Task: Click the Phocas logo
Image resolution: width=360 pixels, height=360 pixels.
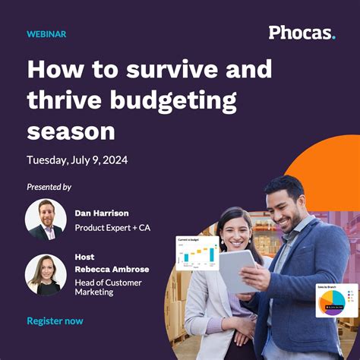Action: pos(301,33)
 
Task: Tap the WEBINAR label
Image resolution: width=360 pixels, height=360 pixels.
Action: pos(46,34)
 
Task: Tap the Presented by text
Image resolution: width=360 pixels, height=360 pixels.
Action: pos(49,187)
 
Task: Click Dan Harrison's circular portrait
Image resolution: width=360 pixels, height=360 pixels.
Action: pos(46,220)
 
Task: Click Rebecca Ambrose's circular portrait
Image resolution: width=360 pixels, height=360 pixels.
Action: pos(46,275)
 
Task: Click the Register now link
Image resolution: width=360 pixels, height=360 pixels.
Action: pos(55,321)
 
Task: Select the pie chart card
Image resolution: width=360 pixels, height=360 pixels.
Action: pos(336,299)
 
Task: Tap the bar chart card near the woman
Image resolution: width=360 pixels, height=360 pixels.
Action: pos(197,253)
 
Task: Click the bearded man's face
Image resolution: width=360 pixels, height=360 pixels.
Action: pos(287,205)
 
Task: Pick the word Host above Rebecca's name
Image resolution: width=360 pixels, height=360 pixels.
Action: pos(84,257)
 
